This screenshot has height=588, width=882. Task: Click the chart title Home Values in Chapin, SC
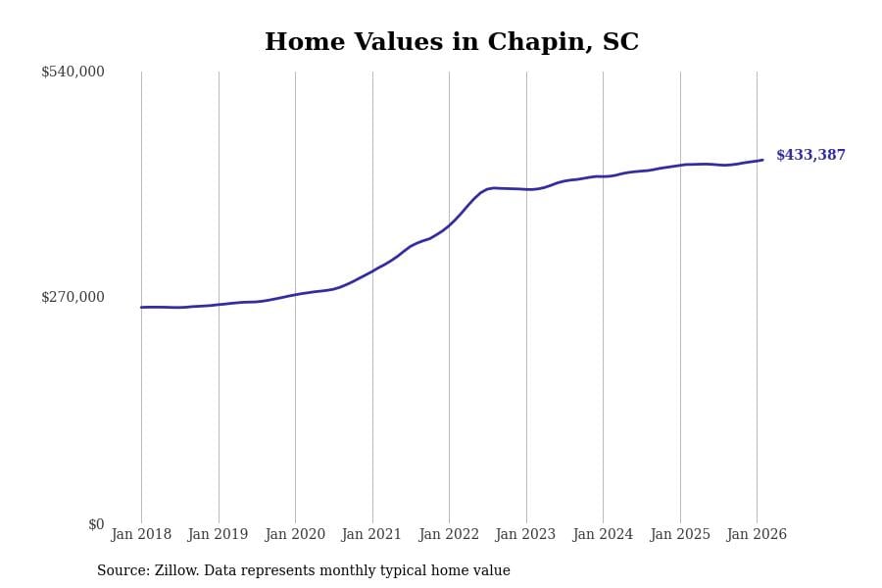pyautogui.click(x=451, y=43)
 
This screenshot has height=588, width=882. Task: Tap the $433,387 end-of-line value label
pyautogui.click(x=810, y=156)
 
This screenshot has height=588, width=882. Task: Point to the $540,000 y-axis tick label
pyautogui.click(x=73, y=72)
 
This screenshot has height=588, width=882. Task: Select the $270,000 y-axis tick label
pyautogui.click(x=73, y=297)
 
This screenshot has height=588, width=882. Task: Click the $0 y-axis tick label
pyautogui.click(x=96, y=524)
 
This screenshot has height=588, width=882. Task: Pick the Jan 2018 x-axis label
pyautogui.click(x=141, y=535)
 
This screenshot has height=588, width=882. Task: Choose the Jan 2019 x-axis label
pyautogui.click(x=218, y=535)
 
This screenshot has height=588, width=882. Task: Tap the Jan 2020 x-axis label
pyautogui.click(x=295, y=535)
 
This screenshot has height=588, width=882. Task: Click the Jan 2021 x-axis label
pyautogui.click(x=371, y=535)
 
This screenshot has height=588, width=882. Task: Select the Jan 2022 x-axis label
pyautogui.click(x=449, y=535)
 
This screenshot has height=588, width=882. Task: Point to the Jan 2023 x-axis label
pyautogui.click(x=525, y=535)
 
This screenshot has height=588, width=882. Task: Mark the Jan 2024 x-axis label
pyautogui.click(x=603, y=535)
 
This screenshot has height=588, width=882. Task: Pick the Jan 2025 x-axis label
pyautogui.click(x=679, y=535)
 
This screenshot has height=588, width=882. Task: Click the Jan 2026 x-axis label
pyautogui.click(x=757, y=535)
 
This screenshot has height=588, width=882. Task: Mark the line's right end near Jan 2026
pyautogui.click(x=762, y=160)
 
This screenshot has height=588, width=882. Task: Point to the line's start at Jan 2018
pyautogui.click(x=141, y=307)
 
